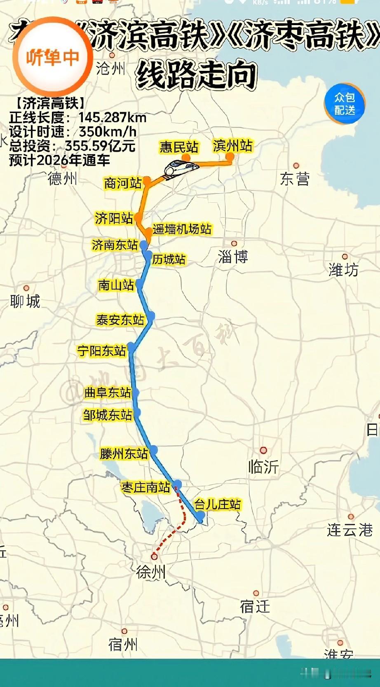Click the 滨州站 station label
(232, 146)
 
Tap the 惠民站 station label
(179, 147)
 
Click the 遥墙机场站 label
(182, 229)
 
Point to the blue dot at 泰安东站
(151, 316)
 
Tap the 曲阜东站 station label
(108, 393)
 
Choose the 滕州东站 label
(124, 453)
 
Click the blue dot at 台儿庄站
(201, 516)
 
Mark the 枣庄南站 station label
(145, 487)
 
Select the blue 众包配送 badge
(345, 103)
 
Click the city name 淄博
(233, 257)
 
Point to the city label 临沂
(263, 467)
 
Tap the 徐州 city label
(151, 572)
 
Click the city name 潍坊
(343, 270)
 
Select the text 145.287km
(113, 118)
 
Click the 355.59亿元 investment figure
(100, 146)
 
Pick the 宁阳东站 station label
(102, 351)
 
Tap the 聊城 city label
(25, 301)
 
